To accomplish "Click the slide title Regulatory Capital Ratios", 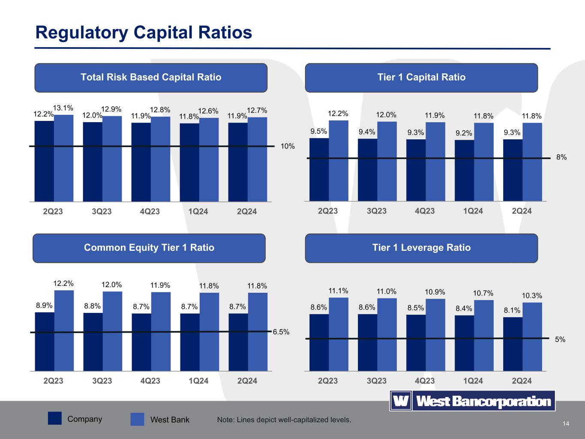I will tap(144, 33).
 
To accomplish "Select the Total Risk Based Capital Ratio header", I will tap(151, 78).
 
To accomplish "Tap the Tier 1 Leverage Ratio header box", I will tap(421, 248).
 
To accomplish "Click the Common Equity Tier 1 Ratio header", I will tap(149, 248).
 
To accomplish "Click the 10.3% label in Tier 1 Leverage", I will tap(532, 295).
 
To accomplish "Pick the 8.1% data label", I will tap(512, 310).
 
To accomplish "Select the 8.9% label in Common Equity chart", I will tap(44, 305).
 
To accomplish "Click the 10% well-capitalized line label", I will tap(288, 146).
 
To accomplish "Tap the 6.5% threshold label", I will tap(281, 332).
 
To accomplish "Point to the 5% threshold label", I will tap(560, 340).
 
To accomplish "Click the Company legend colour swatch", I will tap(55, 419).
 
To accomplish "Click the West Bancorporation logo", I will tap(472, 401).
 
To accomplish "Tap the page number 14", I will tap(566, 424).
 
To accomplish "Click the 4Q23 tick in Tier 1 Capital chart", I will tap(425, 211).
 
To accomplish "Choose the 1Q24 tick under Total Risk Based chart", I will tap(198, 211).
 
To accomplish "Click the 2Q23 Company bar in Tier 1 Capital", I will tap(319, 169).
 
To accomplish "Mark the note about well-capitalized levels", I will tap(284, 420).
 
